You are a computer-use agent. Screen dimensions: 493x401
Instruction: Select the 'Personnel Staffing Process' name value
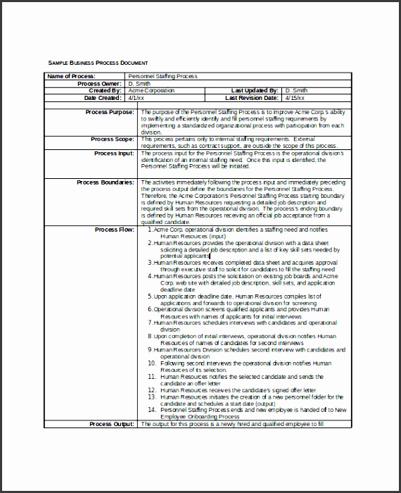(x=163, y=76)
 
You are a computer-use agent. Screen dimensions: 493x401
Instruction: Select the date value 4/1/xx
(x=136, y=98)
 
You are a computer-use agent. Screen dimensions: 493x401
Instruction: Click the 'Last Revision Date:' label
(x=252, y=98)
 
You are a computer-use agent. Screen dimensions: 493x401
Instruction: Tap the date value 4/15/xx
(x=295, y=98)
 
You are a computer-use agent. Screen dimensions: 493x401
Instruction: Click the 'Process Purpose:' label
(x=109, y=112)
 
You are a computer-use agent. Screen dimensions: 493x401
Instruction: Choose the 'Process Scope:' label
(x=113, y=139)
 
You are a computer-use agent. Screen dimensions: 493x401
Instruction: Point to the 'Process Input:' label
(x=113, y=153)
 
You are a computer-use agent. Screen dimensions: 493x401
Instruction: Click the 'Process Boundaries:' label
(x=105, y=182)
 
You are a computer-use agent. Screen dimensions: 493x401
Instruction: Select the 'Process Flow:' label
(x=114, y=230)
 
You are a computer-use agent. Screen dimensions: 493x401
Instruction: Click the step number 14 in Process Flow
(x=151, y=409)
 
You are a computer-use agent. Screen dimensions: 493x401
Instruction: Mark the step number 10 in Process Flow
(x=151, y=363)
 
